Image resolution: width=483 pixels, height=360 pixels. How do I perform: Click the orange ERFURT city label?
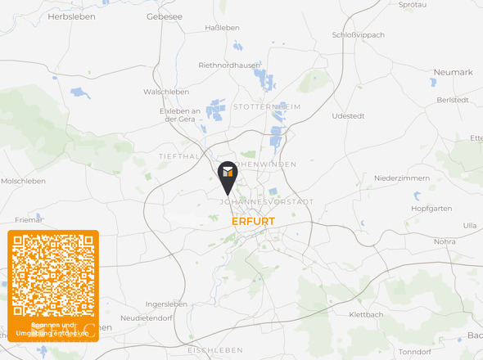click(x=253, y=222)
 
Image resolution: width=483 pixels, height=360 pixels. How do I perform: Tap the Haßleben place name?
click(x=223, y=27)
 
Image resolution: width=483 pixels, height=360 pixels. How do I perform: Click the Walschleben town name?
click(x=166, y=92)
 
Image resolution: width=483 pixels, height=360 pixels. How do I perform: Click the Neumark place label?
click(x=454, y=72)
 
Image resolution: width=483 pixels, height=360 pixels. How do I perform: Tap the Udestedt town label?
click(x=348, y=116)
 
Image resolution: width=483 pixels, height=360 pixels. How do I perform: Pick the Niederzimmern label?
click(x=401, y=178)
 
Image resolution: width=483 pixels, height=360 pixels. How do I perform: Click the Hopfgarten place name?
click(x=431, y=208)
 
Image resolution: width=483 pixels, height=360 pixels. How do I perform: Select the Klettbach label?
click(x=366, y=314)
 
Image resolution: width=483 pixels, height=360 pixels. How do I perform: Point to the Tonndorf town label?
click(x=413, y=351)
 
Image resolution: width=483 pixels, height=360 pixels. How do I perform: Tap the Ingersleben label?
click(x=166, y=304)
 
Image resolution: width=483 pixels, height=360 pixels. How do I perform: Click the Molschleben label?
click(x=22, y=181)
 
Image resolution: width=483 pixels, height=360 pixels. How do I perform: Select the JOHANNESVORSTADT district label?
click(x=267, y=201)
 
